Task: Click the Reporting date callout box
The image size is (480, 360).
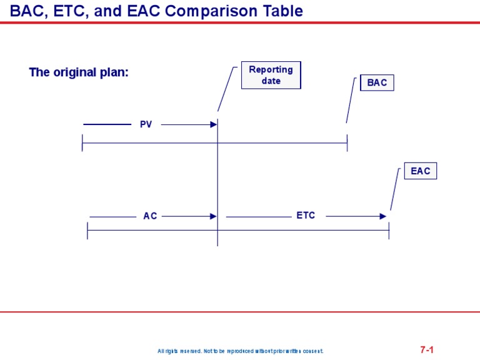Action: [x=271, y=75]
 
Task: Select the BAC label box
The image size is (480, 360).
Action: [x=377, y=82]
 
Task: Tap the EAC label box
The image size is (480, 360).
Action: [x=420, y=171]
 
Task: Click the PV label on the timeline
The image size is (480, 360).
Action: [x=146, y=124]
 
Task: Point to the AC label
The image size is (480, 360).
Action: [x=150, y=216]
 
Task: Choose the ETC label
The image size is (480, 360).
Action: [x=306, y=216]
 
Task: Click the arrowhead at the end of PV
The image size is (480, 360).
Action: [x=213, y=124]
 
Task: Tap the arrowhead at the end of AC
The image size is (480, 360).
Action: [x=213, y=216]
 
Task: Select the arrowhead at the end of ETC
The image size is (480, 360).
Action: [x=383, y=216]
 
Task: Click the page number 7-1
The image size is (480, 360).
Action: [x=427, y=350]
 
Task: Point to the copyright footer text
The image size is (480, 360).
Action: [x=241, y=351]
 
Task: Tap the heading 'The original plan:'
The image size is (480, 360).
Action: [x=79, y=72]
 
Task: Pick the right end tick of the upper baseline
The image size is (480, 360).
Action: [x=347, y=143]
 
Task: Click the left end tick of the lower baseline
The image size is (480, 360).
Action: [x=87, y=231]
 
